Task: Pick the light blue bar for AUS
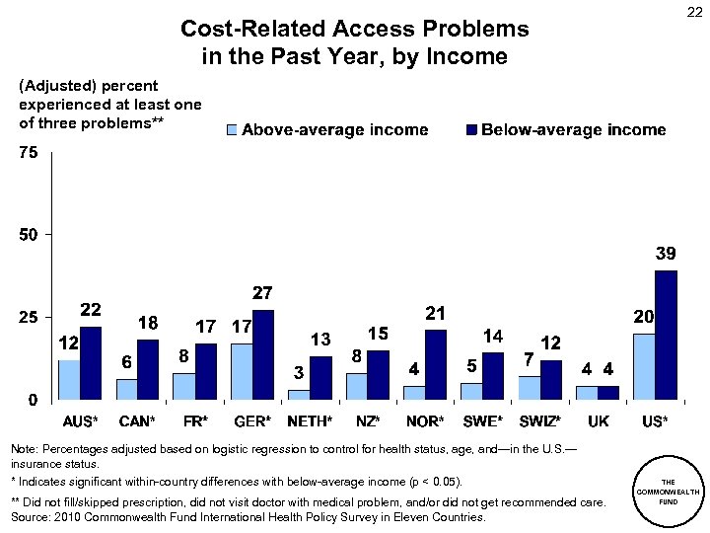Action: [68, 379]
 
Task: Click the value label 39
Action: [667, 254]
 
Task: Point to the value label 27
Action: [262, 293]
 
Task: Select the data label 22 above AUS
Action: [91, 309]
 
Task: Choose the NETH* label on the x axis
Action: [311, 421]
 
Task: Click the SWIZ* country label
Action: [540, 421]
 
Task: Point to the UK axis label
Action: [598, 421]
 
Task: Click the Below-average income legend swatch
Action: [471, 130]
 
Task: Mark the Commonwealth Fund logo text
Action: [669, 490]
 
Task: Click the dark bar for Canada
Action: [148, 368]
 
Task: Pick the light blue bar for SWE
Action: [470, 391]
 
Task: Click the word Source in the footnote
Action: [31, 516]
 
